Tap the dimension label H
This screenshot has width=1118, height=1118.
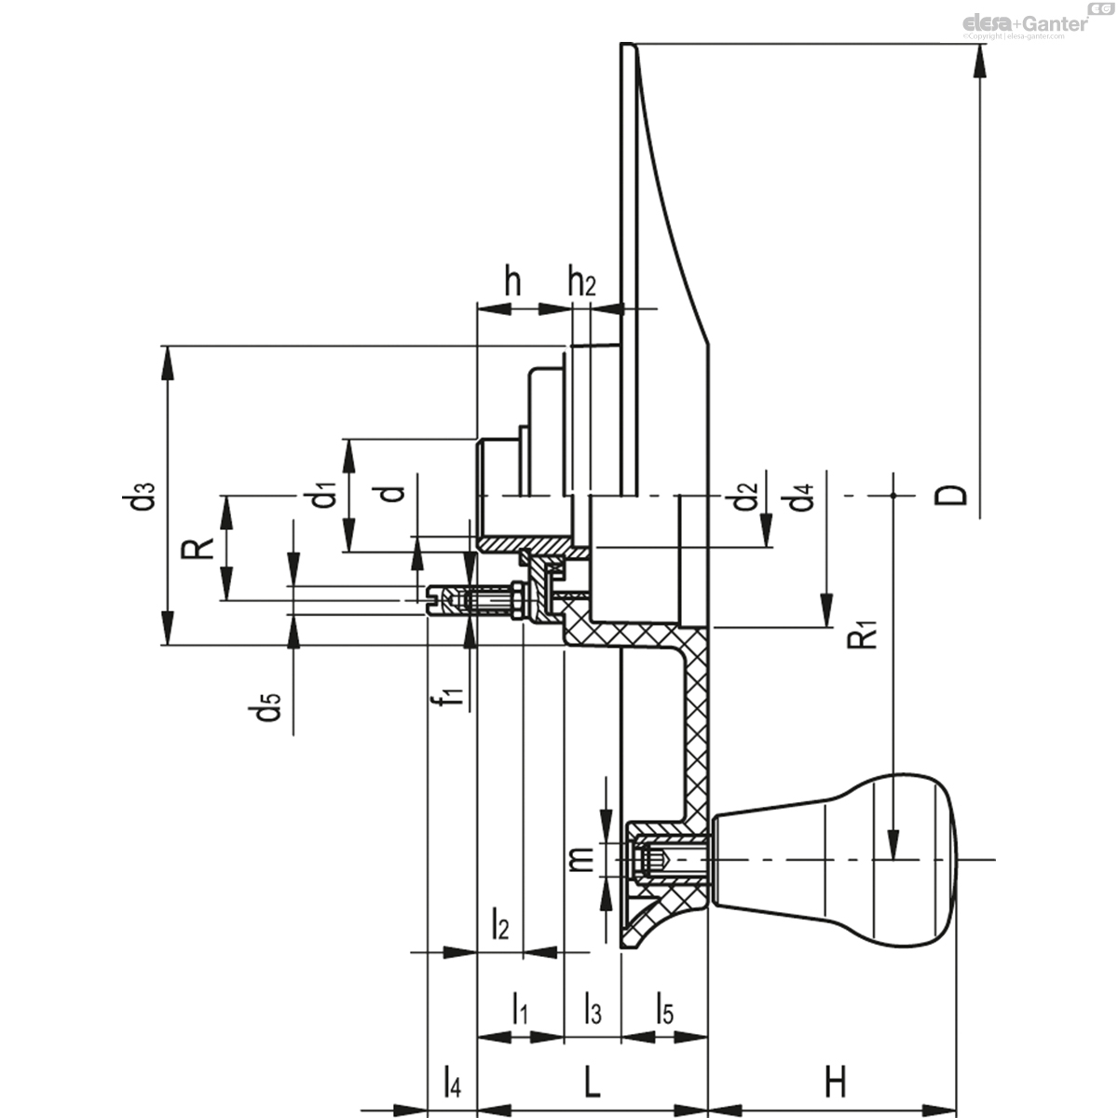(x=835, y=1083)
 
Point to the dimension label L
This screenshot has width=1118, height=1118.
(x=591, y=1083)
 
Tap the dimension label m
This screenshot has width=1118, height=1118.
(x=580, y=858)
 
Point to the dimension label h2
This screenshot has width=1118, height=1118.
(x=581, y=281)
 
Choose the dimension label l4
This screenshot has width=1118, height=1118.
(x=451, y=1083)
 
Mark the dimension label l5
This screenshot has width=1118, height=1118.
(x=664, y=1008)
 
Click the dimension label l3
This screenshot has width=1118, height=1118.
(x=593, y=1008)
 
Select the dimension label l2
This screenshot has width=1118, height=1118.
(x=500, y=924)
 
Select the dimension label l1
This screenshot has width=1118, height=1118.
(x=521, y=1008)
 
